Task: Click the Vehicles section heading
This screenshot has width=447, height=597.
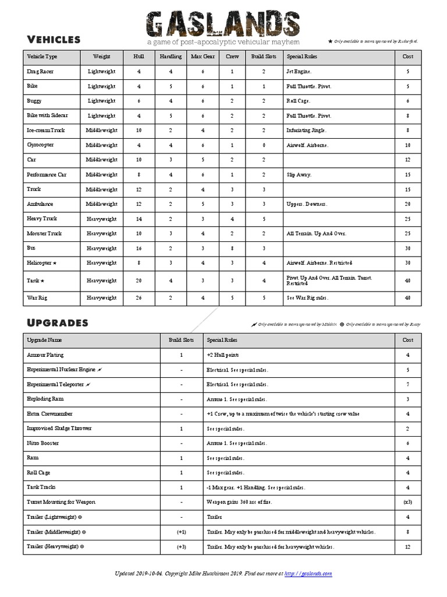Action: point(54,39)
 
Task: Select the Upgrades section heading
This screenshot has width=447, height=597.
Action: point(58,322)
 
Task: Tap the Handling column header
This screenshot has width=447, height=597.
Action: point(171,57)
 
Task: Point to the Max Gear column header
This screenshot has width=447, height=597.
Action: point(203,57)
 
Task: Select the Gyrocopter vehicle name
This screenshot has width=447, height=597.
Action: point(40,145)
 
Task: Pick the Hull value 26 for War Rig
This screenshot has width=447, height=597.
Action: point(139,298)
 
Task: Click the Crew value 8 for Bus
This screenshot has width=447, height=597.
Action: point(232,248)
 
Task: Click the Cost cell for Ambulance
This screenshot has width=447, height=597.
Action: point(408,204)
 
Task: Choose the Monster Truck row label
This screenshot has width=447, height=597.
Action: point(44,233)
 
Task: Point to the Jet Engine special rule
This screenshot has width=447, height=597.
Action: point(299,72)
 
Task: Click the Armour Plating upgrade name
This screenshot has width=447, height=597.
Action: point(45,354)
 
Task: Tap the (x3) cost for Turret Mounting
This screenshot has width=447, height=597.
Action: point(408,502)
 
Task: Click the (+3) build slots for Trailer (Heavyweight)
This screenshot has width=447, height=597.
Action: point(182,547)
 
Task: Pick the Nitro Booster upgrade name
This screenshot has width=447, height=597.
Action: point(43,443)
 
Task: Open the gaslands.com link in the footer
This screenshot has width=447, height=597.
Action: point(308,574)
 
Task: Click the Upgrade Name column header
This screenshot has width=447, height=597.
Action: point(45,340)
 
